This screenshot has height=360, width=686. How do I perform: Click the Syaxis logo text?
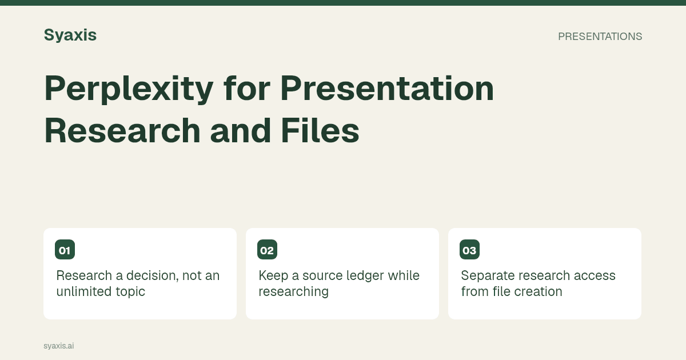coord(70,35)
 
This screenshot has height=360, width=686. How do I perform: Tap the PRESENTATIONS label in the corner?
coord(600,37)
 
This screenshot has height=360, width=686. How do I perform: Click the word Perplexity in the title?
coord(129,89)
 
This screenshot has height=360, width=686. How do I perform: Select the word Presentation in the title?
coord(387,88)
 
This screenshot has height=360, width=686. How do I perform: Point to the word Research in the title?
coord(122,130)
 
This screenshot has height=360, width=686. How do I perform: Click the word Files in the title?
coord(320,130)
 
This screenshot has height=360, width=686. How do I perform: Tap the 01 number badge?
coord(65,250)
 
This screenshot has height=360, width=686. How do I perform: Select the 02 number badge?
coord(267,250)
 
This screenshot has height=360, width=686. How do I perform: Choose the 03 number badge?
coord(469,250)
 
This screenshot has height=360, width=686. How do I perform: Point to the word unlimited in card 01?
coord(84,291)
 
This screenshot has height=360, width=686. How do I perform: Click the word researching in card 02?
coord(293,292)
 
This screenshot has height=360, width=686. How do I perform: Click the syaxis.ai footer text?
coord(59,346)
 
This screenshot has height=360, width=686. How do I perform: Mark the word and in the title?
coord(241,130)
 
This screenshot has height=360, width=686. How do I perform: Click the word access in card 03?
coord(595,276)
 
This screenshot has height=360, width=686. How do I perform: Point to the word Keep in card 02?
coord(273,276)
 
